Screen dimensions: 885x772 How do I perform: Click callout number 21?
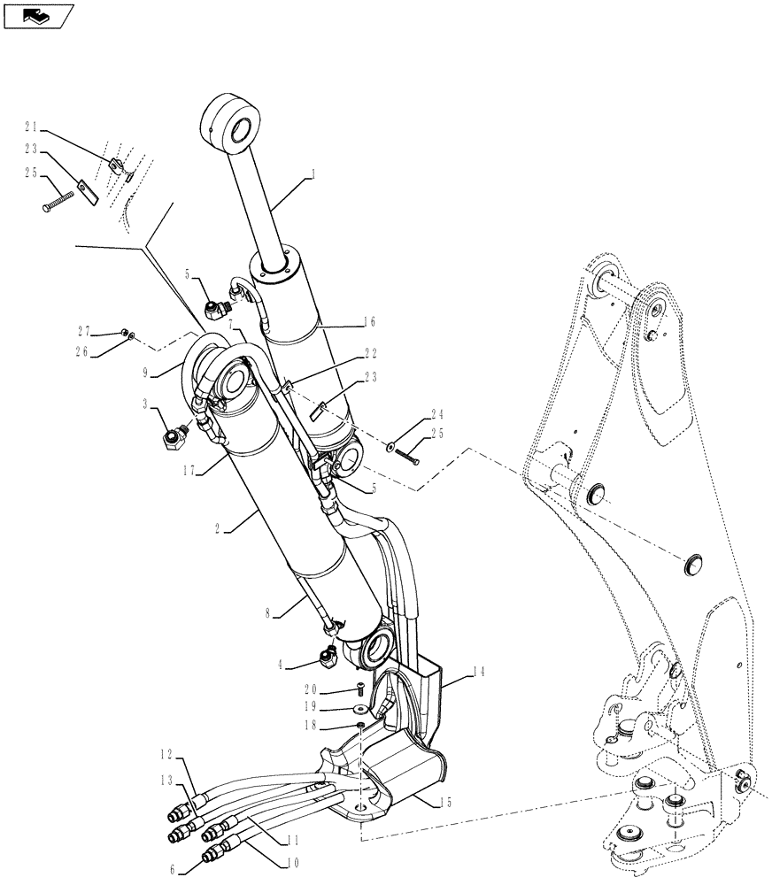click(x=31, y=127)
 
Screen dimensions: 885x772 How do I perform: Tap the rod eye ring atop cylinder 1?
click(x=235, y=121)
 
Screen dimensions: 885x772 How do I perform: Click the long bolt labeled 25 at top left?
click(x=58, y=203)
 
